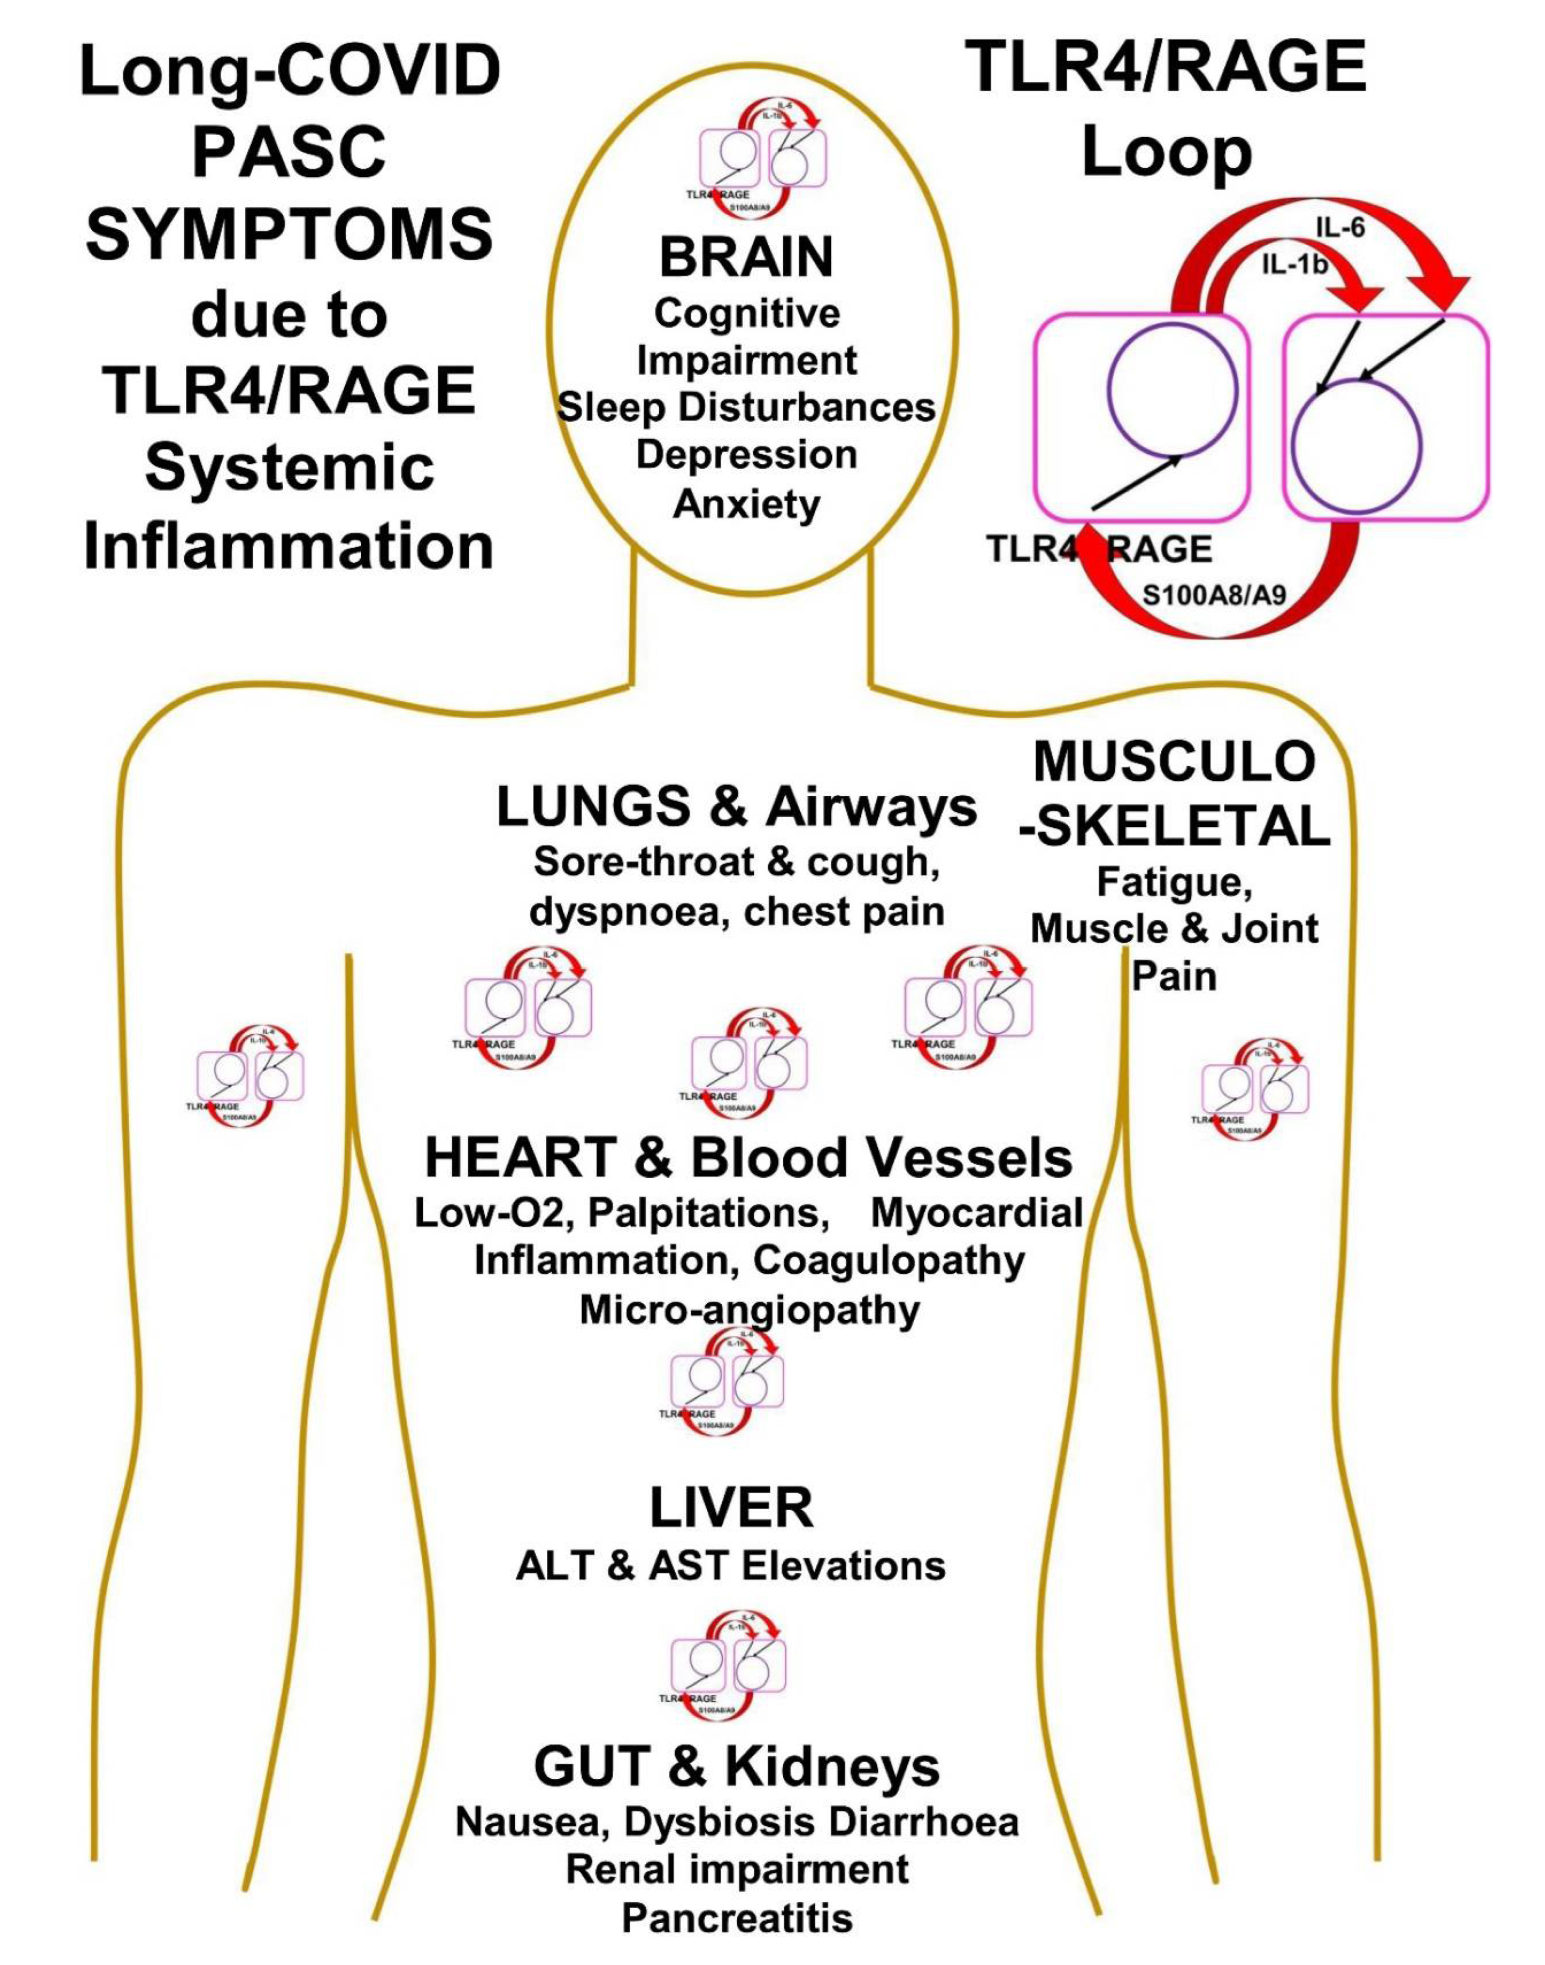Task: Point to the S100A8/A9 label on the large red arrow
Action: [x=1214, y=595]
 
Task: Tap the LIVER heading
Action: [x=731, y=1508]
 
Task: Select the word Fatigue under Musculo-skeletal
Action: [x=1174, y=882]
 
